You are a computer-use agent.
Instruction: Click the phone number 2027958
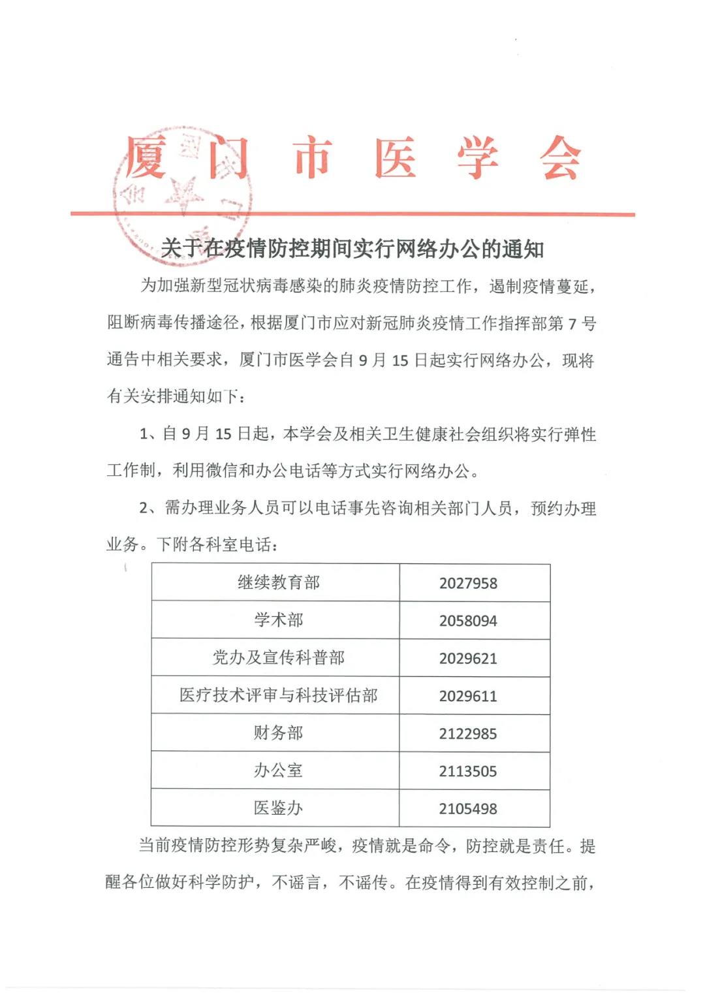[x=468, y=583]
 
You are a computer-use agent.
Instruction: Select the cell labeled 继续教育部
[x=279, y=582]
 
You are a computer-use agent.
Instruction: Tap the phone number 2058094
[x=468, y=621]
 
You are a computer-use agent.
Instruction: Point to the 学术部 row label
[x=279, y=620]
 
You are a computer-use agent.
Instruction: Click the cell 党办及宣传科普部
[x=279, y=657]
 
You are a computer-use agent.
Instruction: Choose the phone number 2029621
[x=468, y=659]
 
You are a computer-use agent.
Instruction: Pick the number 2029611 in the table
[x=468, y=696]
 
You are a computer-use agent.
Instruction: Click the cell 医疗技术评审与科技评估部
[x=279, y=695]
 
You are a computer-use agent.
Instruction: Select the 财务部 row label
[x=279, y=733]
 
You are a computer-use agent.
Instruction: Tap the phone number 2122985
[x=468, y=734]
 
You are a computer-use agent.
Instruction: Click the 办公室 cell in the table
[x=279, y=770]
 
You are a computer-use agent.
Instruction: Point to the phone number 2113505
[x=468, y=772]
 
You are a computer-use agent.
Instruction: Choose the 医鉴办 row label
[x=279, y=808]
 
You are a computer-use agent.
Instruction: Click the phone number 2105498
[x=468, y=809]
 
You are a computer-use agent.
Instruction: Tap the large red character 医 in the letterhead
[x=396, y=159]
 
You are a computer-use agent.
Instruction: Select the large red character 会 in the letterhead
[x=560, y=159]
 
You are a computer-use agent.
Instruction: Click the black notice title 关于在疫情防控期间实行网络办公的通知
[x=352, y=249]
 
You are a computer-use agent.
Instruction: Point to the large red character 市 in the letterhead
[x=313, y=159]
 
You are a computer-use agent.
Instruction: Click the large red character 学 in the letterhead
[x=478, y=159]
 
